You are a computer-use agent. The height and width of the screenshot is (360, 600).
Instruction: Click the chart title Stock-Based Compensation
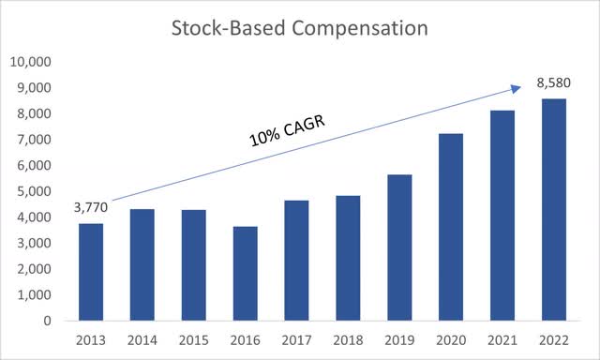[x=300, y=28]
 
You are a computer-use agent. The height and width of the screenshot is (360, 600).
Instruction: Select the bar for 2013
[x=91, y=272]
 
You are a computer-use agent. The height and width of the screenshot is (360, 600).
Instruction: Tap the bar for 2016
[x=246, y=274]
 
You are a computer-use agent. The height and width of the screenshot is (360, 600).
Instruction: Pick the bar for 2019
[x=399, y=247]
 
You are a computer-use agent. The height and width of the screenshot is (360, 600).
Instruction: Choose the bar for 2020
[x=451, y=227]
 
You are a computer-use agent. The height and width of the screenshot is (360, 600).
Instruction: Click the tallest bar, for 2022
[x=554, y=210]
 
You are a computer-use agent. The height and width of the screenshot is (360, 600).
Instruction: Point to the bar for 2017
[x=296, y=261]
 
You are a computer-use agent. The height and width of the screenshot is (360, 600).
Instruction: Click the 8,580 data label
[x=553, y=83]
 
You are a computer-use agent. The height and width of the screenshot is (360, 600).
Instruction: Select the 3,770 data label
[x=91, y=208]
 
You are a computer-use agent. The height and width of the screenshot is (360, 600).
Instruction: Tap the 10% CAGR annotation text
[x=287, y=131]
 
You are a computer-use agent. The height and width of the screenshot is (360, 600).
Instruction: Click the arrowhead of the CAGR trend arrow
[x=517, y=89]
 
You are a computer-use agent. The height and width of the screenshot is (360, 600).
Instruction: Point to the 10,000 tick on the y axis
[x=31, y=62]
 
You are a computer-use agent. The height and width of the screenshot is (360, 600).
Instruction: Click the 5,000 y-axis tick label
[x=34, y=191]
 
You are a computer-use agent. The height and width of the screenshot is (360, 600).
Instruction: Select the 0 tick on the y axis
[x=47, y=321]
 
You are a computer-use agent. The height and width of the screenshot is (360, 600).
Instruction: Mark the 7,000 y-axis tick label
[x=34, y=140]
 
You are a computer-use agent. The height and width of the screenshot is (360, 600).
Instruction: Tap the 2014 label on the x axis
[x=142, y=340]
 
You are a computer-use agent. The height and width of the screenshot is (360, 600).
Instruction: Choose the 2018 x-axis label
[x=348, y=340]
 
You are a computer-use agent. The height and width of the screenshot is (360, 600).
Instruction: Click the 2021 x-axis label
[x=502, y=340]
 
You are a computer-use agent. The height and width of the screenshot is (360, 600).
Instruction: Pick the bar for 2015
[x=194, y=265]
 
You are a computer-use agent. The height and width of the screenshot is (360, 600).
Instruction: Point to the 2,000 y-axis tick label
[x=34, y=269]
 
